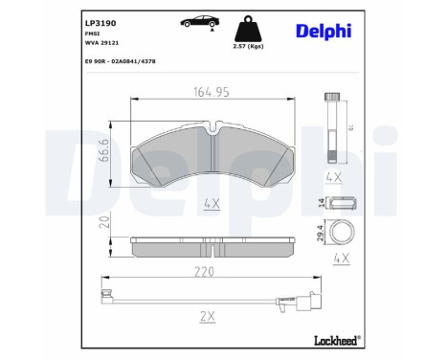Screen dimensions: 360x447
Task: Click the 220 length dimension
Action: click(x=202, y=272)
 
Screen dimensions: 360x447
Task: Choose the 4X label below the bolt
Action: click(x=334, y=177)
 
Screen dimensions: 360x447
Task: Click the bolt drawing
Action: click(x=333, y=124)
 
